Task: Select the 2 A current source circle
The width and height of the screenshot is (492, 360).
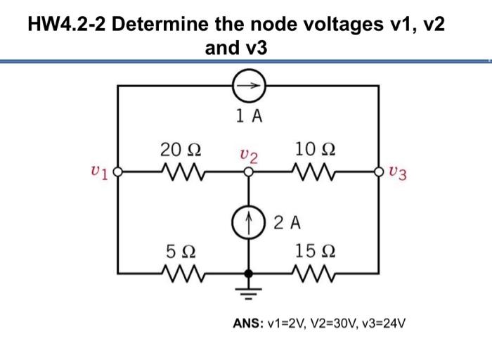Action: coord(247,221)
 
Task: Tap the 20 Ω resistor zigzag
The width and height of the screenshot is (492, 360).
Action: coord(180,171)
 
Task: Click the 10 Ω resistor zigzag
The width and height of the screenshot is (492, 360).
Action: coord(311,171)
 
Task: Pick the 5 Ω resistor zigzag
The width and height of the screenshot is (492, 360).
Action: coord(180,271)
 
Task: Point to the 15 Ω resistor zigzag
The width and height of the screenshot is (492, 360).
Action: coord(311,271)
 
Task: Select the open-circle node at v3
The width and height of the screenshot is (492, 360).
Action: coord(380,171)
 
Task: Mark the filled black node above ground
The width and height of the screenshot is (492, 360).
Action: coord(247,271)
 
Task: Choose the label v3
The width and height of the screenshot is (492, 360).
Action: coord(397,173)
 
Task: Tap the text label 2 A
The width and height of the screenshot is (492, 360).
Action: coord(286,224)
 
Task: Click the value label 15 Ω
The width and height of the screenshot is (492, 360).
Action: coord(310,250)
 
